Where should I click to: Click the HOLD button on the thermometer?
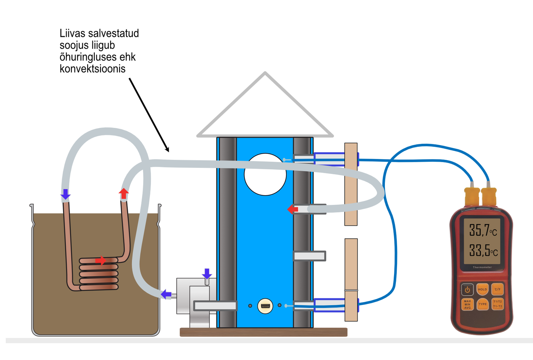pos(482,289)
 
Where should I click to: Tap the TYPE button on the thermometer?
pos(482,304)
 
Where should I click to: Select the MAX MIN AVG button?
pos(467,304)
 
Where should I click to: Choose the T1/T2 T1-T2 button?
pos(498,304)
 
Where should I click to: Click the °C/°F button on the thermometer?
pos(497,289)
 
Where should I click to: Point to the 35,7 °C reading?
pos(483,230)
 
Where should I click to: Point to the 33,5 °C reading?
pos(483,250)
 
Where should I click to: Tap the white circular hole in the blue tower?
pos(265,174)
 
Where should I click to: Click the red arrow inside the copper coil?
pos(101,261)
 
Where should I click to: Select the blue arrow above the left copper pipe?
pos(65,194)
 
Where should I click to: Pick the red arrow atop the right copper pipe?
pos(124,193)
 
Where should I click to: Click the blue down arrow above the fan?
pos(207,274)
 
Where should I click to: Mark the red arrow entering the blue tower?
pos(292,209)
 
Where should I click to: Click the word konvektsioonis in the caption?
pos(93,69)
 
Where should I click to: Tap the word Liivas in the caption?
pos(72,33)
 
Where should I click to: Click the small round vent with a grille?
pos(265,306)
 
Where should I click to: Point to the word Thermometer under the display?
pos(482,267)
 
